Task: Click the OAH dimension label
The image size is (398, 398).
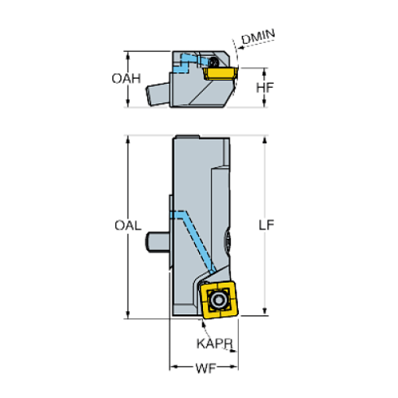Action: click(126, 79)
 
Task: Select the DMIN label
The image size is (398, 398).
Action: click(258, 37)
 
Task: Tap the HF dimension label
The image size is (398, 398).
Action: click(265, 88)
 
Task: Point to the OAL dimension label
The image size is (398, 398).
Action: click(128, 225)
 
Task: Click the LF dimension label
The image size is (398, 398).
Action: click(266, 225)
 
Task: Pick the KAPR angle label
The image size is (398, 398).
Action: click(214, 344)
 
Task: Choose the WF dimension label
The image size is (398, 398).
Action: click(205, 369)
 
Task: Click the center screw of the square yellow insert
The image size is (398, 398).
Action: click(218, 300)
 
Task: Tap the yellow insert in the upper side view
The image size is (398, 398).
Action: click(220, 73)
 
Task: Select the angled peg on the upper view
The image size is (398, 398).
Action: click(158, 94)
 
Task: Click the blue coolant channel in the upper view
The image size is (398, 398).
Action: click(187, 63)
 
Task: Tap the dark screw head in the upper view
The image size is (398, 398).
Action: click(214, 62)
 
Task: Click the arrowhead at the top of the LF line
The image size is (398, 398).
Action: click(265, 140)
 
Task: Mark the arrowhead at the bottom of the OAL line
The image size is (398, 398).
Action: click(128, 315)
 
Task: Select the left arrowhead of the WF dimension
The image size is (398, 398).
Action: click(174, 367)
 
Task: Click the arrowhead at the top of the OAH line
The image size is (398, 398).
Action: click(128, 55)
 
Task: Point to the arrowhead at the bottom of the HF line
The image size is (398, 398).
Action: click(265, 103)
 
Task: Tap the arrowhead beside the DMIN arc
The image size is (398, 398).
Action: click(241, 48)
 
